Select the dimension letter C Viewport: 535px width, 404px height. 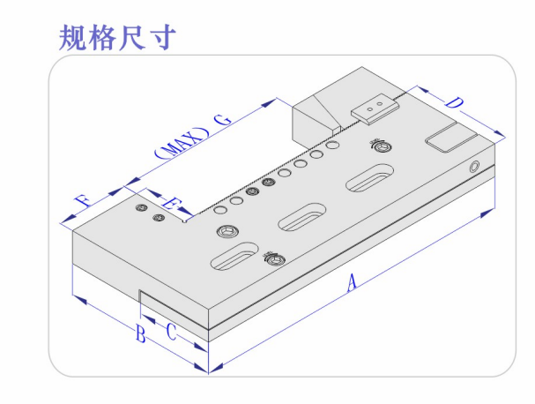[x=172, y=332]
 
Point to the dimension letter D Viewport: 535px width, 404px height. [x=454, y=103]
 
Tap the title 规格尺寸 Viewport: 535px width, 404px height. [x=118, y=36]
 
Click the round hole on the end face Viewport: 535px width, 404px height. [x=476, y=165]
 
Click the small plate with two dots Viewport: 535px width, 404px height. [x=374, y=108]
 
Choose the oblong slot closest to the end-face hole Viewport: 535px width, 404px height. [x=370, y=179]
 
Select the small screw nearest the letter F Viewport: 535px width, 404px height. [x=140, y=208]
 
